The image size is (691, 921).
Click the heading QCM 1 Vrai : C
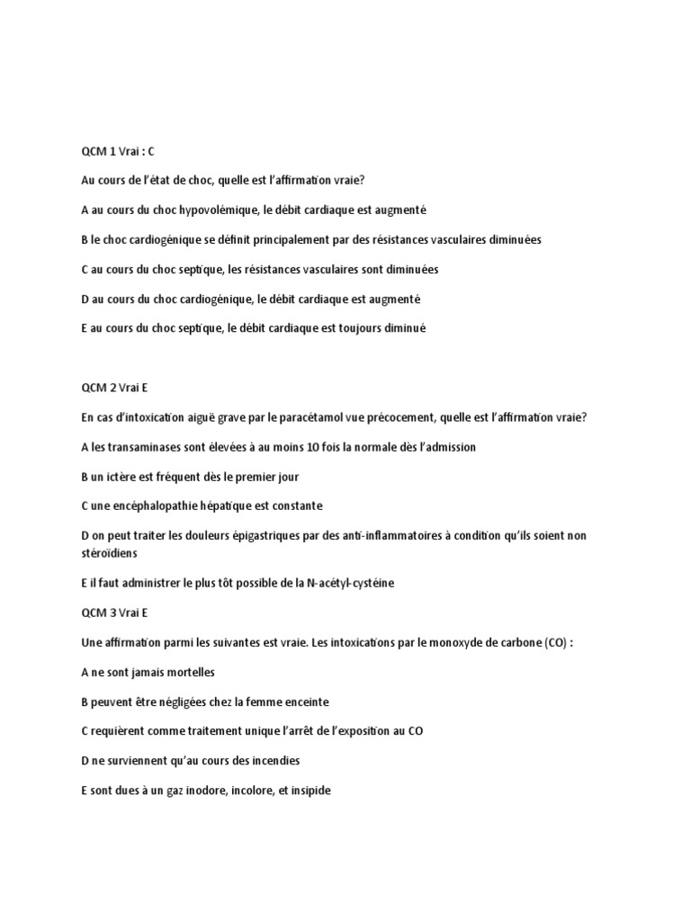(x=118, y=151)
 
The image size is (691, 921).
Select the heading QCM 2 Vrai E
(x=114, y=388)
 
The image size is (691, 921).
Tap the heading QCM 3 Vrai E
(x=114, y=613)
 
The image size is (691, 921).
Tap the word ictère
(x=135, y=477)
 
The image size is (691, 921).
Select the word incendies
(x=272, y=761)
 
